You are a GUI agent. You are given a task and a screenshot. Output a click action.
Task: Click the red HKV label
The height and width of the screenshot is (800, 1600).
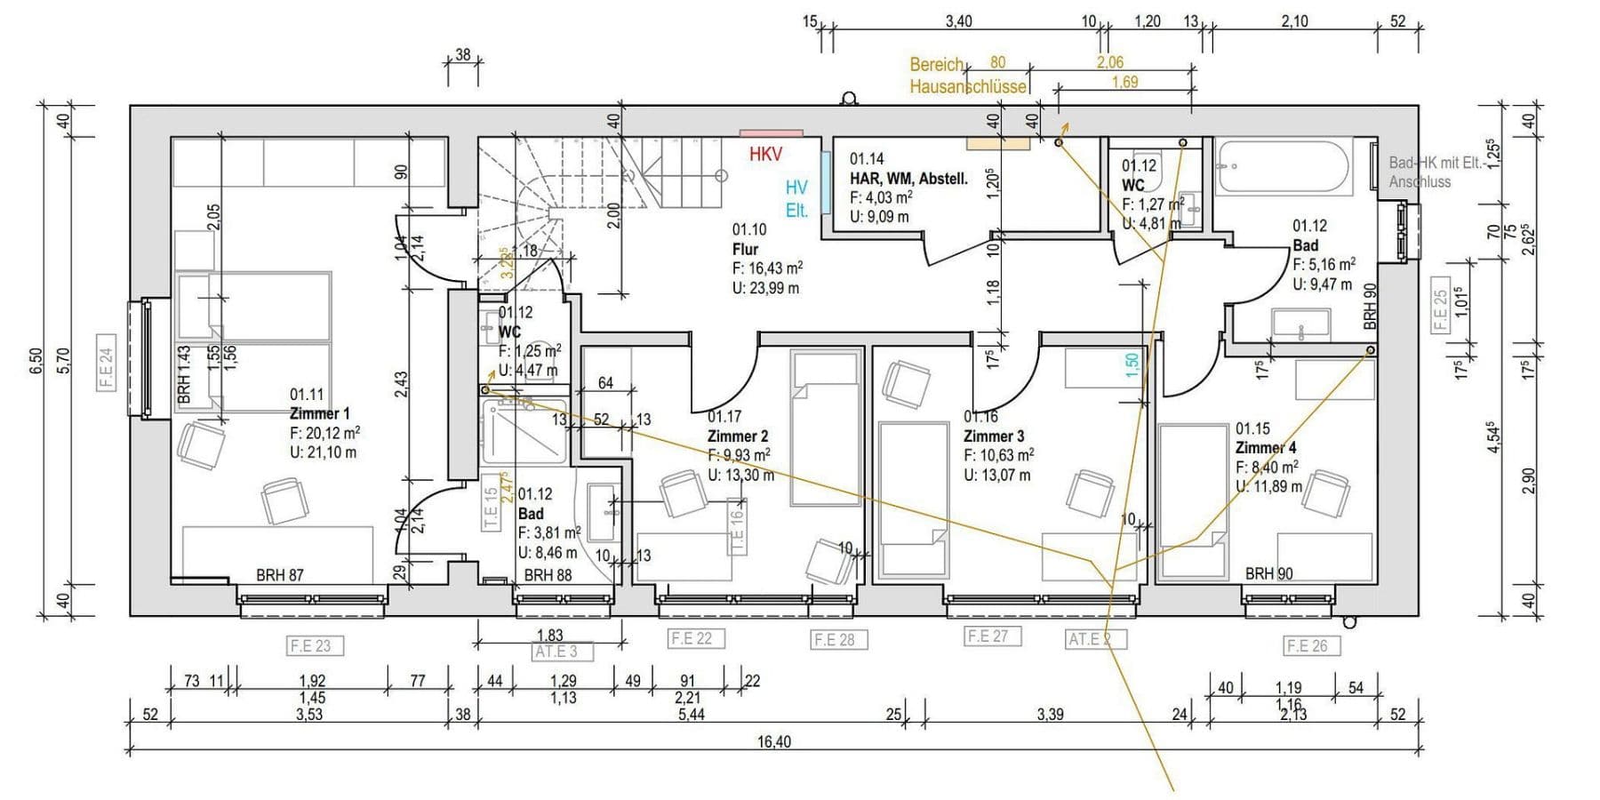click(x=765, y=155)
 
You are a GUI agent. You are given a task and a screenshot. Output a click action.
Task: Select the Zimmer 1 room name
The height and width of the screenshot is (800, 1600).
click(x=319, y=413)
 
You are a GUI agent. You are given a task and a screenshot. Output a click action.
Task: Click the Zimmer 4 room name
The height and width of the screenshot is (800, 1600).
click(x=1265, y=448)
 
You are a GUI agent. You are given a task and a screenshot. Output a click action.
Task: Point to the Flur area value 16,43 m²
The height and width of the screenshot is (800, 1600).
click(x=768, y=268)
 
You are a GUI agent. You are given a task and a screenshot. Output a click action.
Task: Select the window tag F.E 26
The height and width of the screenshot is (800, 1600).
click(x=1307, y=646)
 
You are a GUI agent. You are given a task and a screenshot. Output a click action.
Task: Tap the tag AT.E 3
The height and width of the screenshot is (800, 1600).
click(x=556, y=652)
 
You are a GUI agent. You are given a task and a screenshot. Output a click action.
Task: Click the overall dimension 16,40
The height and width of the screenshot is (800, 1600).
click(x=773, y=741)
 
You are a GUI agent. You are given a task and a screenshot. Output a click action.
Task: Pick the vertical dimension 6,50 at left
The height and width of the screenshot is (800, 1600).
click(x=36, y=360)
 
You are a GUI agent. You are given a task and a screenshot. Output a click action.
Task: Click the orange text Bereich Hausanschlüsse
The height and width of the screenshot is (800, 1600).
click(x=966, y=76)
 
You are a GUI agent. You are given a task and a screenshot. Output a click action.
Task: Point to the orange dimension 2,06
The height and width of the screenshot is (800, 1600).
click(x=1109, y=62)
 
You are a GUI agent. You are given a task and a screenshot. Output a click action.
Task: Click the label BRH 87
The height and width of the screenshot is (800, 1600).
click(x=280, y=575)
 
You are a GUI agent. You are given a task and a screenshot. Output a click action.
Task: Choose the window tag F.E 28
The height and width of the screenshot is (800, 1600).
click(x=834, y=639)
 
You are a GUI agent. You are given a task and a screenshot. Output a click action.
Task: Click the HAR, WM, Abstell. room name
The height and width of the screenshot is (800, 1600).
click(x=908, y=179)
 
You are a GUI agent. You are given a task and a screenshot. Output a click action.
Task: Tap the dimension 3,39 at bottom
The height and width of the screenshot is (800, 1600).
click(x=1050, y=714)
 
